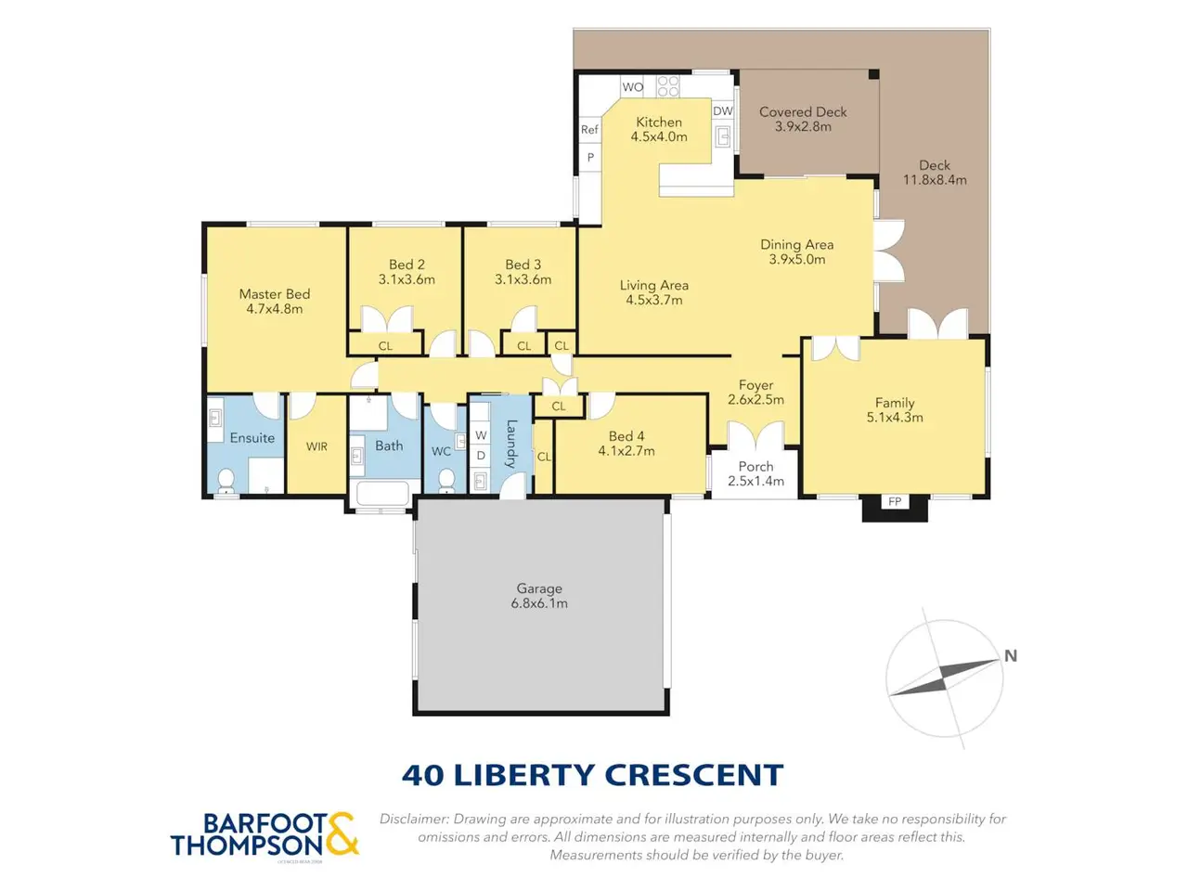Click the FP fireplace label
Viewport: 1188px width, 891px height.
click(895, 501)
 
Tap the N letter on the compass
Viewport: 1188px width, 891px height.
click(1011, 655)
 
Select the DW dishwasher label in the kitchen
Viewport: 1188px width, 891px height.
click(722, 110)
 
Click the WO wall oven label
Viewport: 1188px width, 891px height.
click(633, 87)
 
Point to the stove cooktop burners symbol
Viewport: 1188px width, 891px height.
click(668, 86)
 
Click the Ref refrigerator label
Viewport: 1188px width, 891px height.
click(589, 130)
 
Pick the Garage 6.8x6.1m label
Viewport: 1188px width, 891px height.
click(539, 596)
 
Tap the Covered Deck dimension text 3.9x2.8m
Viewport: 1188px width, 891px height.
click(803, 126)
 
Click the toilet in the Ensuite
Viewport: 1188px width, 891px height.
click(226, 481)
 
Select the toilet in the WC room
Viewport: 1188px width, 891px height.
click(446, 481)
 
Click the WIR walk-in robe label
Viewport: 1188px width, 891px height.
click(316, 446)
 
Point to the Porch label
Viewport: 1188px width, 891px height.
click(755, 466)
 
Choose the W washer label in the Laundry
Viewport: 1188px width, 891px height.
click(481, 435)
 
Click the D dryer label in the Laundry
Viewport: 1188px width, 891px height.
click(481, 456)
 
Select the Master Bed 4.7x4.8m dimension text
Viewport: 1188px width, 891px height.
click(275, 309)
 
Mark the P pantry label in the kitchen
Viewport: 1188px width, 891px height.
click(590, 158)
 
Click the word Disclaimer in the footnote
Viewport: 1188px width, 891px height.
click(414, 819)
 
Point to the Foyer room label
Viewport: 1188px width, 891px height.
click(755, 385)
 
